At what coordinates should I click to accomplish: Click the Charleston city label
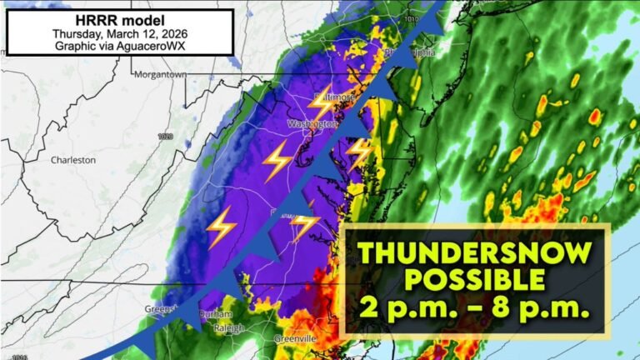coord(73,160)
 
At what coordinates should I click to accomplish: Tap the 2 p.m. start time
coord(401,309)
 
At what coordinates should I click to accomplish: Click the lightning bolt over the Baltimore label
coord(321,102)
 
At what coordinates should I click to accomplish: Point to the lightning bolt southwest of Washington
coord(277,160)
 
